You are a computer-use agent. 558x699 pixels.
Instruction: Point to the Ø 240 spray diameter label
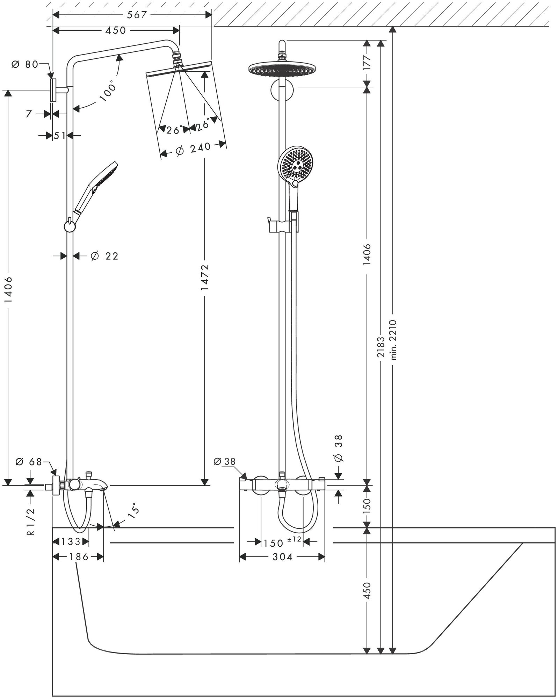(x=194, y=149)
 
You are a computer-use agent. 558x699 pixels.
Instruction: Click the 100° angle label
(x=107, y=91)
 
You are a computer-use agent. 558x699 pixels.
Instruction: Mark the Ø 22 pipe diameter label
(x=104, y=256)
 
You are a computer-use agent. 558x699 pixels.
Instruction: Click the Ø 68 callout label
(x=28, y=462)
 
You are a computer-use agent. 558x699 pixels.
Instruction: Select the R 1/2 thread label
(x=31, y=522)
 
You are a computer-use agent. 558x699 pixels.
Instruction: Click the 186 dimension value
(x=77, y=557)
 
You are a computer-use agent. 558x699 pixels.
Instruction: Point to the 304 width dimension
(x=282, y=557)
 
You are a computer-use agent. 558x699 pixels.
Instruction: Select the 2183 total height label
(x=381, y=346)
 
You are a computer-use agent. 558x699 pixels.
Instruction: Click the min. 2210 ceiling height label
(x=394, y=339)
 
